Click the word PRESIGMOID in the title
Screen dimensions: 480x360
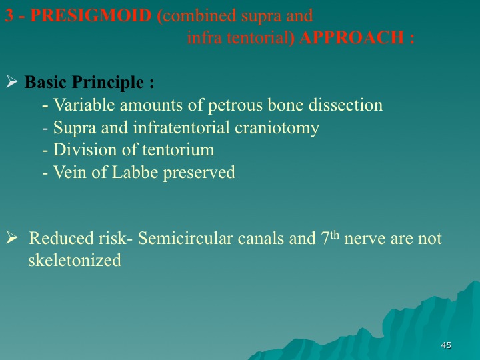(x=91, y=15)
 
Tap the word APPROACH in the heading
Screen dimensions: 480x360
(x=352, y=38)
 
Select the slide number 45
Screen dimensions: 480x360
(x=446, y=345)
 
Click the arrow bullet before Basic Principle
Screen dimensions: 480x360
(x=11, y=81)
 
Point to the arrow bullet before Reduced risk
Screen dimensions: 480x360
(x=11, y=238)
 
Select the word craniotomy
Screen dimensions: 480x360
(x=277, y=128)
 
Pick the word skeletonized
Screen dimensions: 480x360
(x=75, y=260)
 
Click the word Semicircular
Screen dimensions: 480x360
(x=185, y=238)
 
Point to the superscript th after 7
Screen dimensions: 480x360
(x=335, y=235)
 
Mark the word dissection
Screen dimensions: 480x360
(x=345, y=105)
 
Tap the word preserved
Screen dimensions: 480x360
(x=199, y=173)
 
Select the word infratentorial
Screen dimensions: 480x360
(x=181, y=127)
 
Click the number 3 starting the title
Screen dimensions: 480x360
(x=9, y=15)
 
